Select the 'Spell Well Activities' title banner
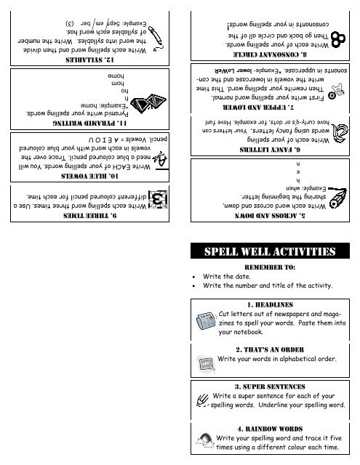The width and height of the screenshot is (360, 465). pyautogui.click(x=271, y=253)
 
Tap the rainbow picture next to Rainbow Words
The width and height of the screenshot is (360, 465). pyautogui.click(x=206, y=440)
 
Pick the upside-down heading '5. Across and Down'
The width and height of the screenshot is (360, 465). pyautogui.click(x=269, y=216)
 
